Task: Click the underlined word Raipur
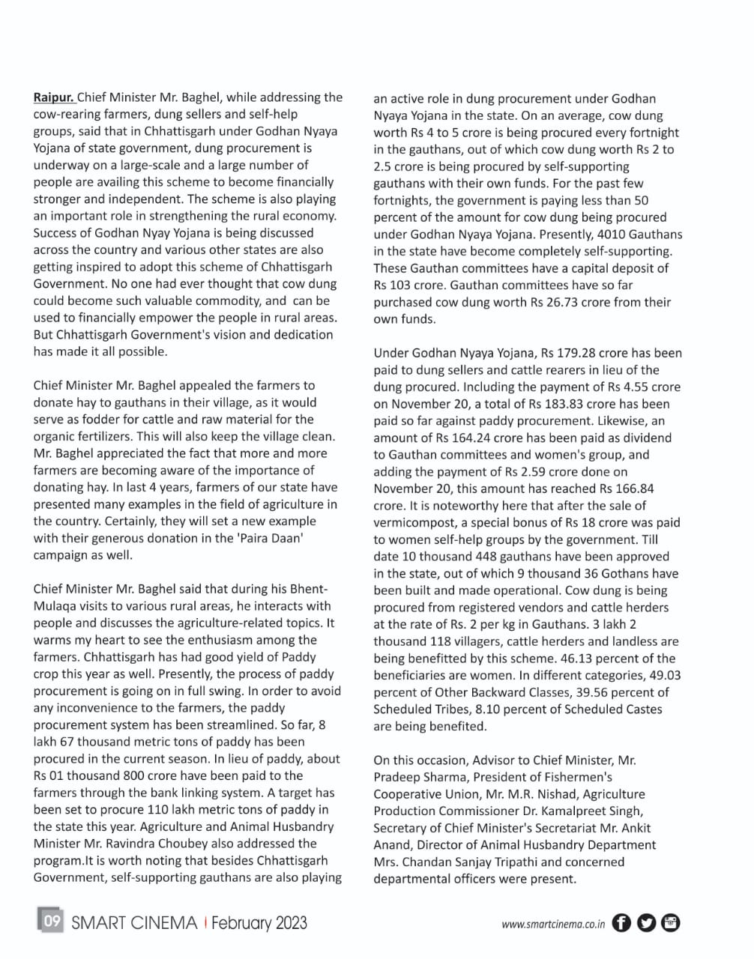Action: coord(53,97)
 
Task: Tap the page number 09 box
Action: coord(51,922)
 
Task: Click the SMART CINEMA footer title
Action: coord(134,922)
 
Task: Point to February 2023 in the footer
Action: coord(259,922)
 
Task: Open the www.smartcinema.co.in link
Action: coord(553,925)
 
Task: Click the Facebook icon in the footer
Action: coord(621,923)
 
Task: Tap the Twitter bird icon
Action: coord(646,923)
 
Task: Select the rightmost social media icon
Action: coord(671,923)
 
